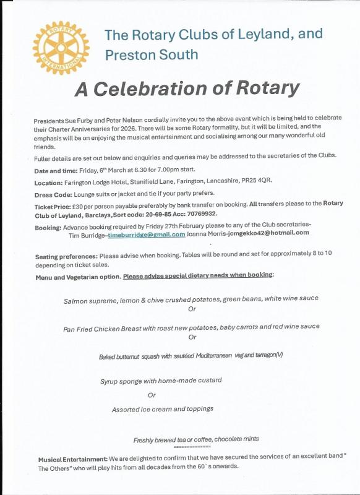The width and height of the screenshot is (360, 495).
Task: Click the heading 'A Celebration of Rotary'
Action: tap(187, 88)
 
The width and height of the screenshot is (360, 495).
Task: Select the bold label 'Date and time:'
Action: tap(56, 170)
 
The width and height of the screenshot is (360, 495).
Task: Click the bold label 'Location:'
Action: tap(49, 181)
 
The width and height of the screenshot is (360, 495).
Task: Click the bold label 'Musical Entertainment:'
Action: tap(72, 458)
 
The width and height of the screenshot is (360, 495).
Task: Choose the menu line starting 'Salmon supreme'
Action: tap(191, 299)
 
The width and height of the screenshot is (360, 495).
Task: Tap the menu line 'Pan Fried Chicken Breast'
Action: tap(191, 327)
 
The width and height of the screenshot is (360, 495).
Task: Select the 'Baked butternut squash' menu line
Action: tap(191, 357)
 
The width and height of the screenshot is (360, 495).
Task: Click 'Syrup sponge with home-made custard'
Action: tap(160, 380)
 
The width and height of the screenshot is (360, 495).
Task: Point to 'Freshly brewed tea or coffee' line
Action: tap(196, 439)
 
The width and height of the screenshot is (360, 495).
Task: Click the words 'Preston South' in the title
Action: tap(152, 54)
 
